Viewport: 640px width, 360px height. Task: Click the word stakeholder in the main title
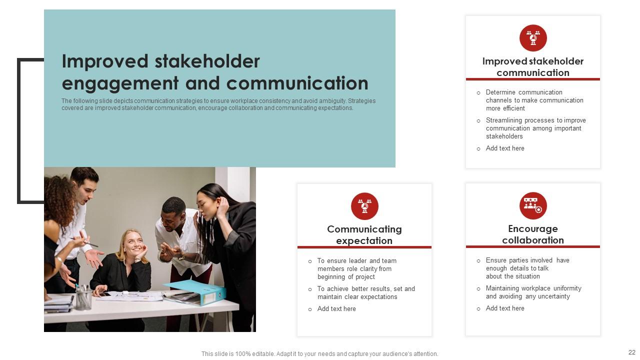click(207, 61)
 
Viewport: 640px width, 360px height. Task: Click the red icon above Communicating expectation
click(364, 206)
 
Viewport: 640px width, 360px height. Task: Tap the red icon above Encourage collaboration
click(533, 205)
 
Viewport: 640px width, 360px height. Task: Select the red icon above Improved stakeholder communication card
click(533, 38)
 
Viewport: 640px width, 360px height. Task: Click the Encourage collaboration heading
click(533, 234)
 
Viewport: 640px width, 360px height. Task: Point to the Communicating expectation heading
click(364, 235)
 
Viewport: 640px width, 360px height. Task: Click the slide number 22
click(631, 352)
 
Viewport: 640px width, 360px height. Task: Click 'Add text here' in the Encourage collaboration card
click(505, 308)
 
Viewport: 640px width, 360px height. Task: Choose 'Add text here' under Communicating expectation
click(336, 309)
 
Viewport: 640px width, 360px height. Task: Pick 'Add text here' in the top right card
click(505, 148)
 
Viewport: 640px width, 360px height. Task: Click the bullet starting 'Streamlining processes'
click(535, 128)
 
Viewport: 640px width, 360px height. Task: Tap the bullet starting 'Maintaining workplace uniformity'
click(533, 292)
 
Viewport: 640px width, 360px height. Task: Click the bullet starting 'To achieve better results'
click(365, 293)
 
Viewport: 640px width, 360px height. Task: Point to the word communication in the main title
click(297, 83)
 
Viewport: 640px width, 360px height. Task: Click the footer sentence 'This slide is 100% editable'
click(319, 354)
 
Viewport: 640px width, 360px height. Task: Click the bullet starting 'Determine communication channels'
click(534, 100)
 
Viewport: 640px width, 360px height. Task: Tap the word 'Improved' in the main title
click(105, 61)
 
